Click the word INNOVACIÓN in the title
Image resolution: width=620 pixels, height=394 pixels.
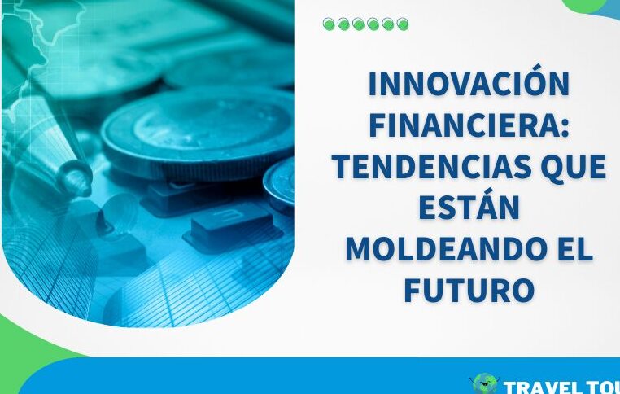[x=469, y=85]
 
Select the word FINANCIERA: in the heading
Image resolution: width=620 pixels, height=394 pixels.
[x=469, y=126]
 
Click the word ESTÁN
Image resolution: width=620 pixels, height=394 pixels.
[x=469, y=209]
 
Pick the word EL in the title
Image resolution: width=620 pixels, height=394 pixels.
[x=573, y=251]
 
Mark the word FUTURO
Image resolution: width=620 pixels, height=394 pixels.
[x=469, y=291]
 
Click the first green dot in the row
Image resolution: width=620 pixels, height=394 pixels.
[x=328, y=24]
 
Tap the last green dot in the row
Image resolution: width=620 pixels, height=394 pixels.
[x=403, y=24]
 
